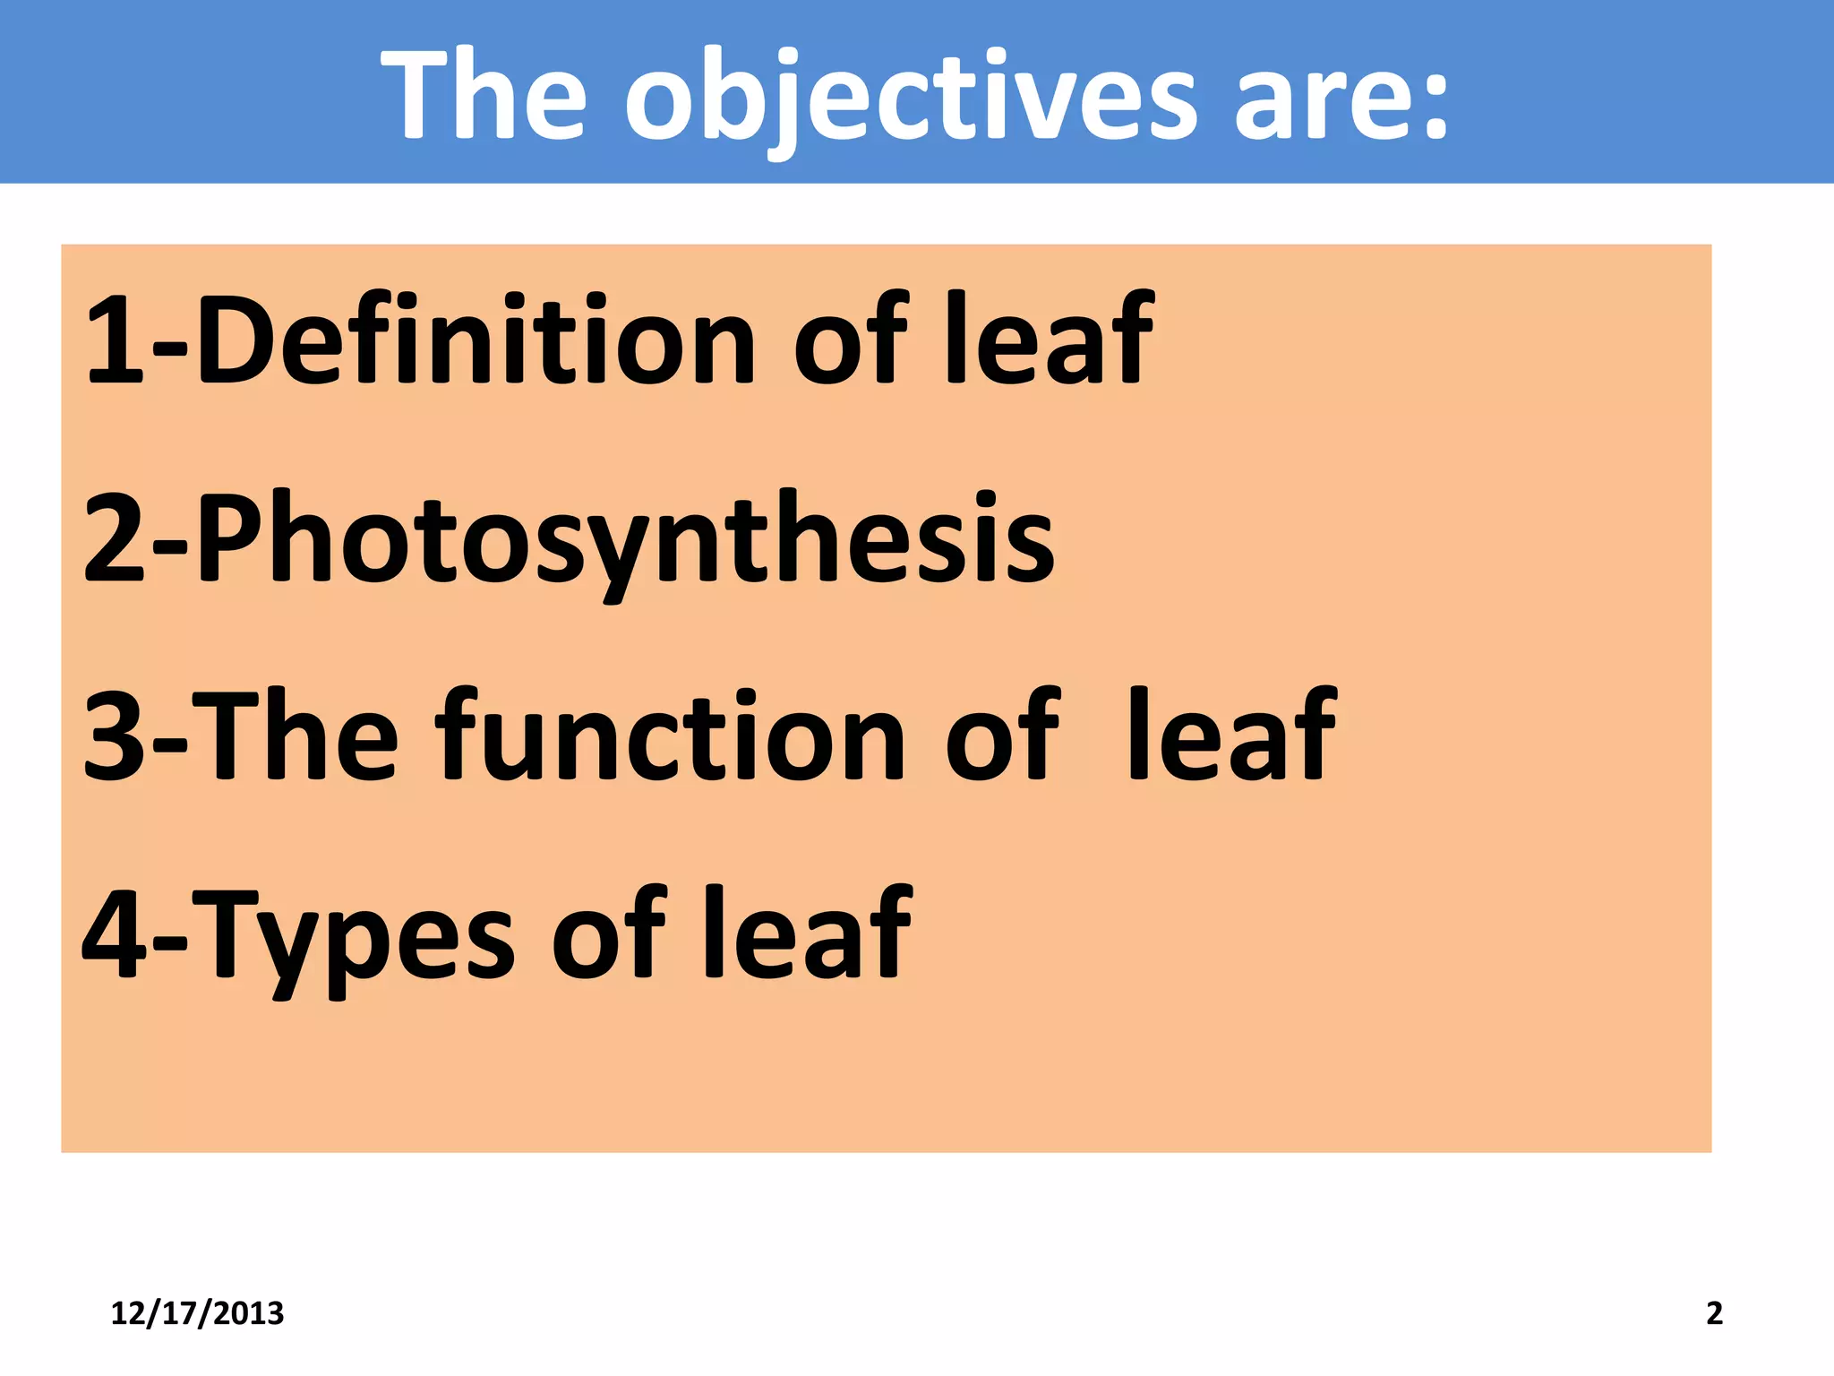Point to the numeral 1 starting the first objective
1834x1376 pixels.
[115, 341]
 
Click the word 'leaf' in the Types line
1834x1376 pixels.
[806, 932]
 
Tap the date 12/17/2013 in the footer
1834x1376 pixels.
[197, 1313]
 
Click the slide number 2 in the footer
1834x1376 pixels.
[1714, 1313]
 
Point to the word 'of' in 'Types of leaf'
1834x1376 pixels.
[609, 932]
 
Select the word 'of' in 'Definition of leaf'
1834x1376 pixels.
[851, 340]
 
